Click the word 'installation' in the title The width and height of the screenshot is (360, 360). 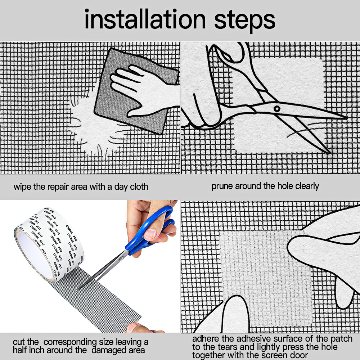[x=145, y=19]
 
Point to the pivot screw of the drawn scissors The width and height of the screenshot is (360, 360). [x=277, y=109]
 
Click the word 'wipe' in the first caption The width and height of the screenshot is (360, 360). [x=22, y=186]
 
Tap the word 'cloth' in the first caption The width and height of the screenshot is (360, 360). [x=139, y=186]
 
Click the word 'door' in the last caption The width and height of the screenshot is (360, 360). [x=299, y=355]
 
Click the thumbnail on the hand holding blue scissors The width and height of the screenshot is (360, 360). [x=150, y=234]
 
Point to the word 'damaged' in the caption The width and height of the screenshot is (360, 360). [x=118, y=351]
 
